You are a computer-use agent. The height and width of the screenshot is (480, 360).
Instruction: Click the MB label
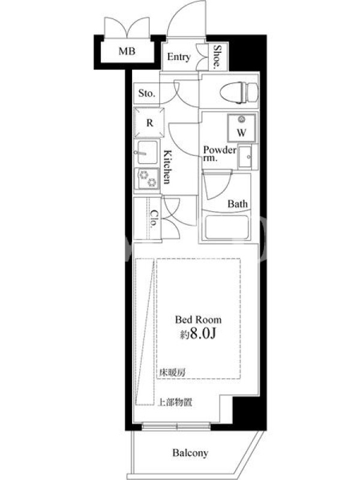click(127, 51)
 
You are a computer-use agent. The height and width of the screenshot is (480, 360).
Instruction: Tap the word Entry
click(179, 57)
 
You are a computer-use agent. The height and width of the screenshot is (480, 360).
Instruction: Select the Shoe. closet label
click(217, 56)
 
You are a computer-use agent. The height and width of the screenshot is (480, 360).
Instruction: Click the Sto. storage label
click(146, 93)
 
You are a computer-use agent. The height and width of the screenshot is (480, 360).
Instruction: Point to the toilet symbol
click(239, 92)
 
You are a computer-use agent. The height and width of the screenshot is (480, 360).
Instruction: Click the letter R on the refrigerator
click(149, 123)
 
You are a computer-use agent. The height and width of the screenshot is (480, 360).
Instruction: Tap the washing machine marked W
click(242, 128)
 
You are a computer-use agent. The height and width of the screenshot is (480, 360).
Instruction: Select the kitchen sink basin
click(147, 152)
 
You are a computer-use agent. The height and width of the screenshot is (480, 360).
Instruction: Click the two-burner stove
click(148, 178)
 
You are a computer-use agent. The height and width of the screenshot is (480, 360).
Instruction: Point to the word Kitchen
click(167, 167)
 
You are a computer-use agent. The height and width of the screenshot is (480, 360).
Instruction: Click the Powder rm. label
click(220, 154)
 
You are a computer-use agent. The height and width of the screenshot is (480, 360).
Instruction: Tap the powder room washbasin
click(245, 157)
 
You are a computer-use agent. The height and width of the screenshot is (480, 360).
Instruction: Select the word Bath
click(237, 203)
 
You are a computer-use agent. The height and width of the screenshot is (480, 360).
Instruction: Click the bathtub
click(226, 227)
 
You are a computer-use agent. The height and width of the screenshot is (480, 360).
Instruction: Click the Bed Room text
click(198, 320)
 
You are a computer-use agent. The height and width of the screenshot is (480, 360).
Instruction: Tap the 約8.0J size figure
click(198, 334)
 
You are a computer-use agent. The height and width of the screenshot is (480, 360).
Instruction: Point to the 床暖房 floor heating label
click(172, 373)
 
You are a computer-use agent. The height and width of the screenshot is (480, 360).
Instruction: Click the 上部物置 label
click(175, 402)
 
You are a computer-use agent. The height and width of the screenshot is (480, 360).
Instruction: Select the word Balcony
click(190, 453)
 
